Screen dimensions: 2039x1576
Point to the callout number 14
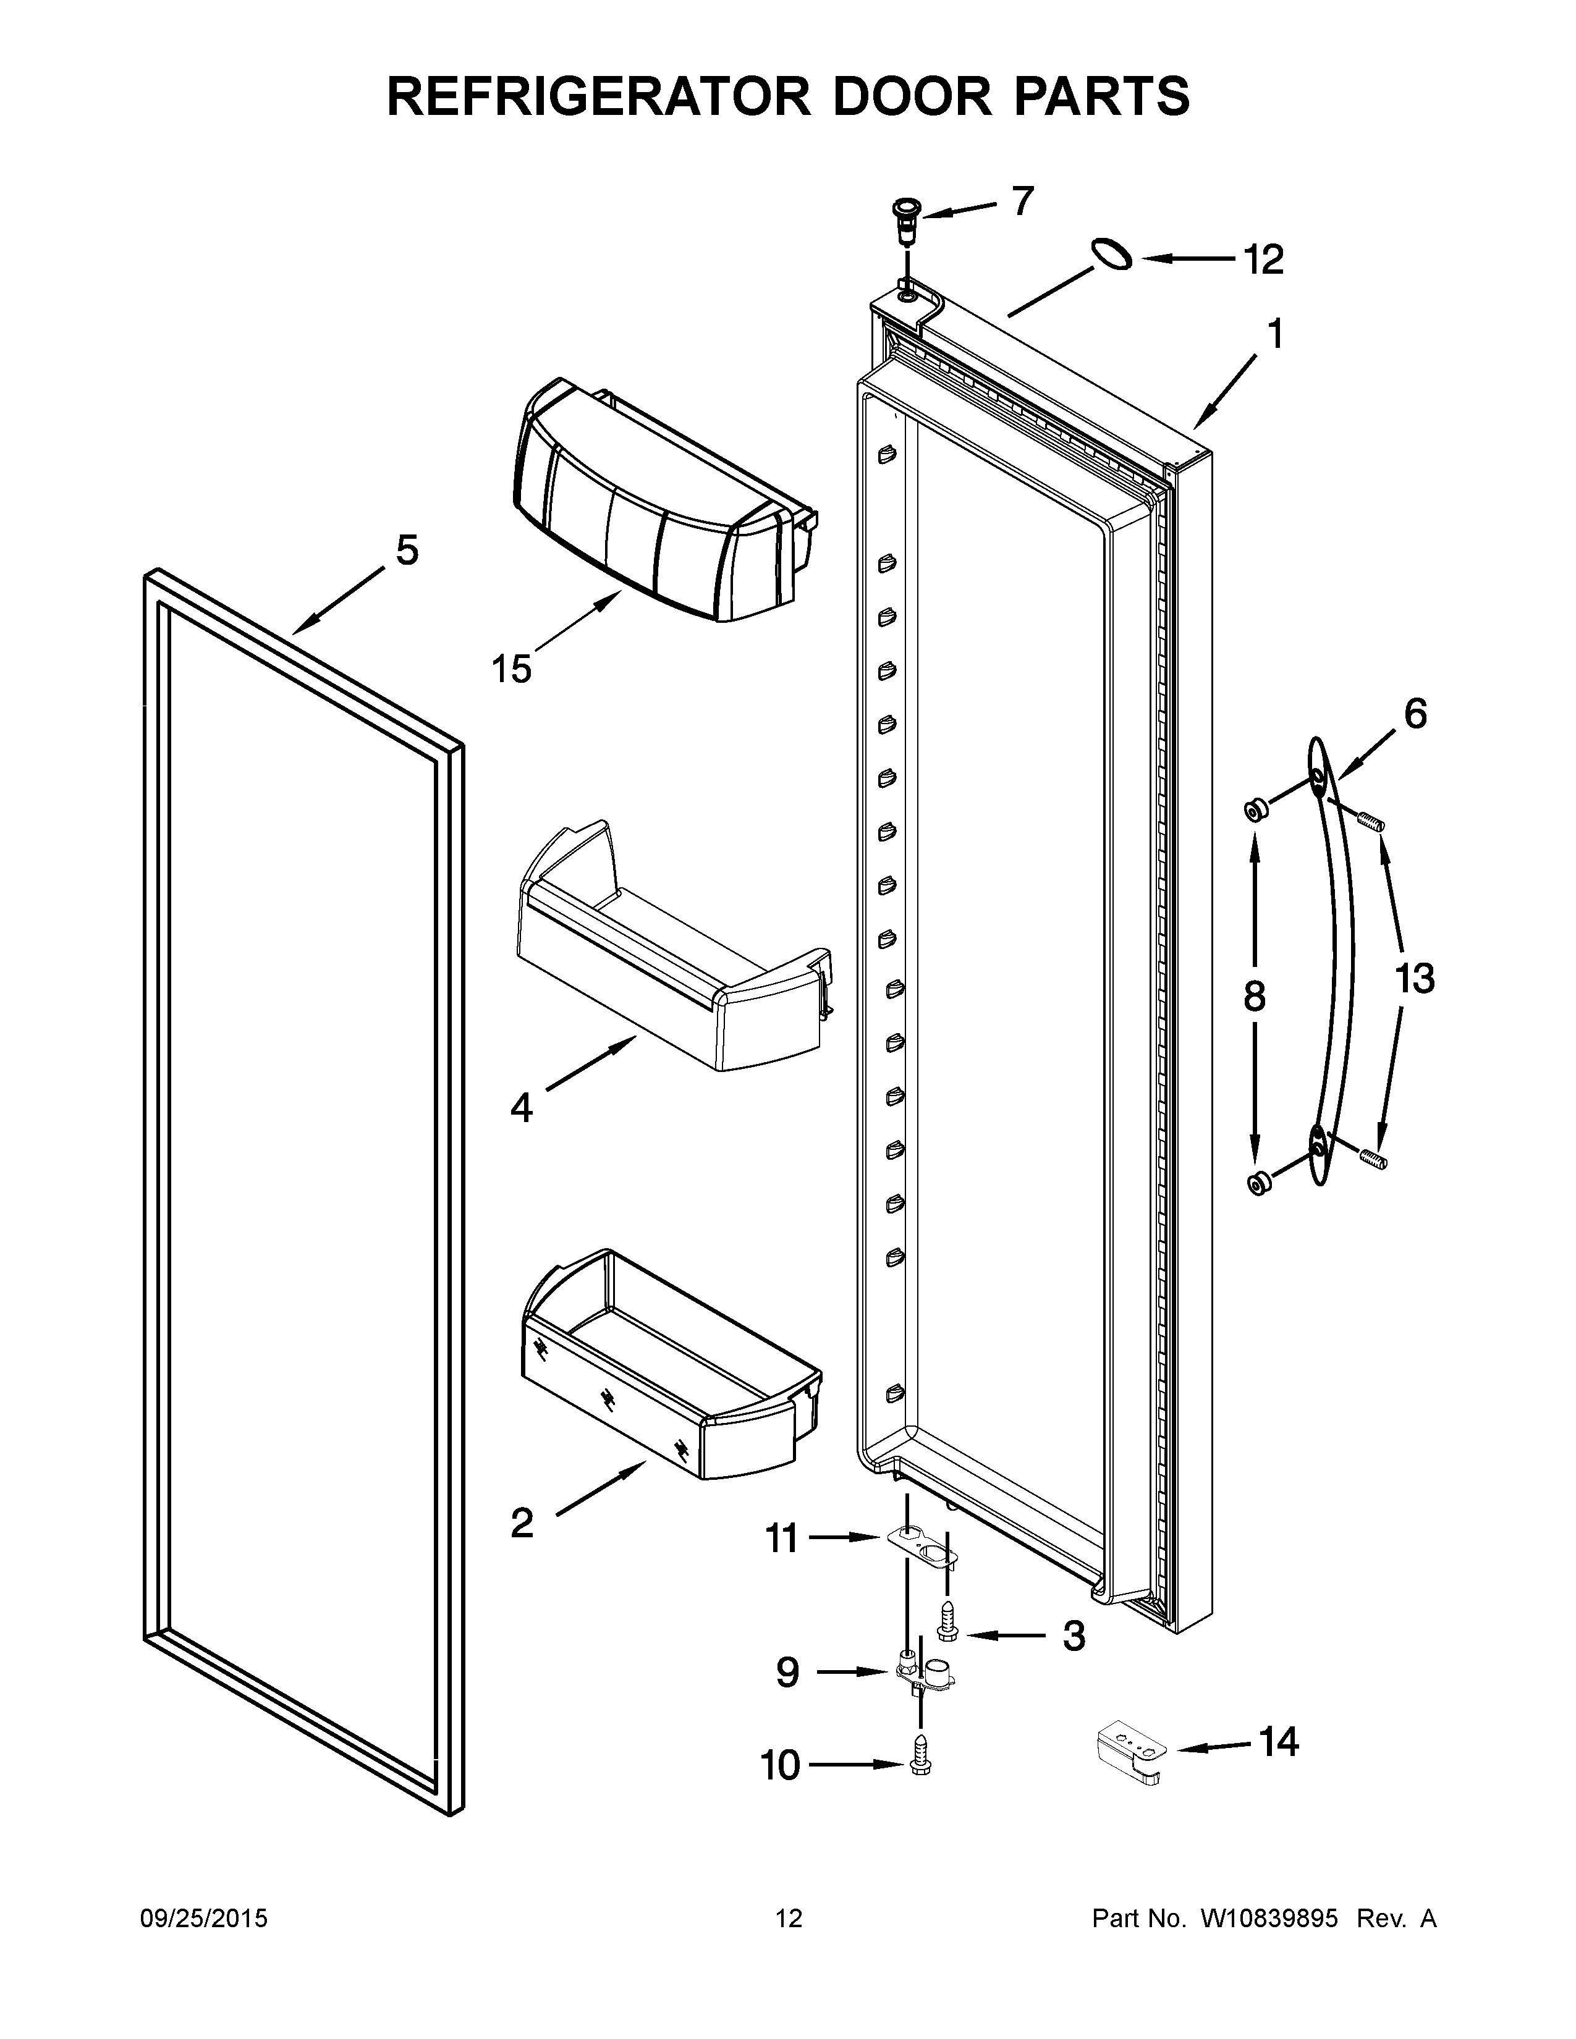click(x=1278, y=1742)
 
